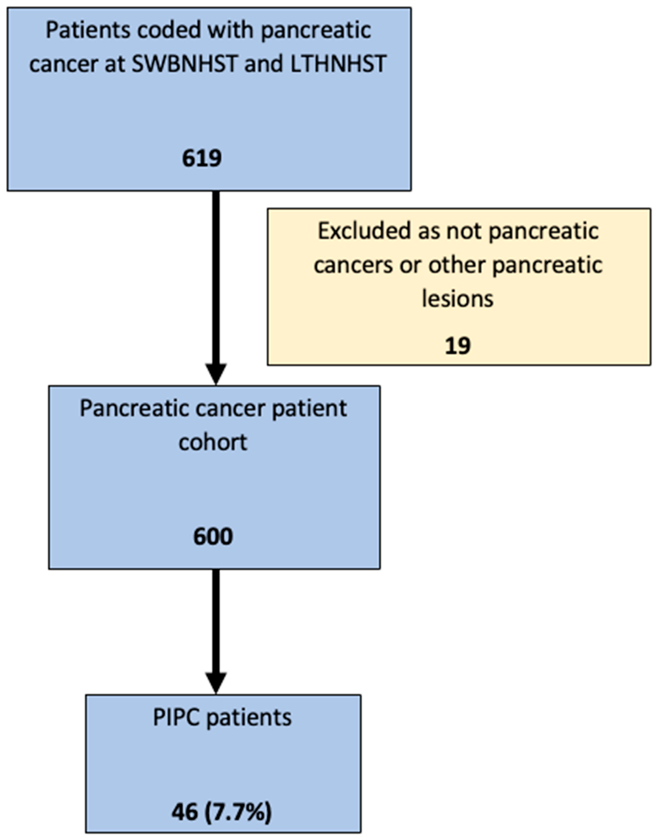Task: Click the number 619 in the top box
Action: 202,158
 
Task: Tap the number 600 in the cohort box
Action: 213,536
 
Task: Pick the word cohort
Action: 213,442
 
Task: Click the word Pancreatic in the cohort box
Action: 134,408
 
